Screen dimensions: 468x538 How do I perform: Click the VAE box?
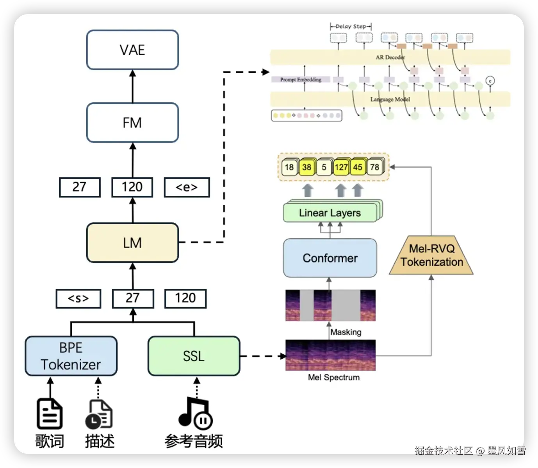[x=132, y=50]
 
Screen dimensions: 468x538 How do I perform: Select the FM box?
[x=132, y=123]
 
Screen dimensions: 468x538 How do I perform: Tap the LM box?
[x=132, y=243]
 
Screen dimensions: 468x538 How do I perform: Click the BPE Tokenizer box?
[x=71, y=356]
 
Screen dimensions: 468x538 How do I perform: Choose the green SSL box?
[x=194, y=356]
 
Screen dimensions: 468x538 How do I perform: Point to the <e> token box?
[x=187, y=187]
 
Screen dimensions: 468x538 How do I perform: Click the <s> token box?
[x=78, y=298]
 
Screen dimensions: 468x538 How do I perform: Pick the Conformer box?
[x=330, y=258]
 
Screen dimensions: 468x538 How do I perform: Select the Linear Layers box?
[x=330, y=213]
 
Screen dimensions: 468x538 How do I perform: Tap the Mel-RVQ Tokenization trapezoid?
[x=431, y=256]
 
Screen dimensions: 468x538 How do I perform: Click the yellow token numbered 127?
[x=341, y=167]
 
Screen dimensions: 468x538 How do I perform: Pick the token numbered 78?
[x=375, y=167]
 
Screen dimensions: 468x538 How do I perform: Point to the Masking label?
[x=346, y=332]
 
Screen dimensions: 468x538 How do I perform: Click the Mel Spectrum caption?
[x=334, y=377]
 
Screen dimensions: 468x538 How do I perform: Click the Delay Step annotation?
[x=351, y=27]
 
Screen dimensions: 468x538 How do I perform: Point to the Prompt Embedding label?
[x=301, y=80]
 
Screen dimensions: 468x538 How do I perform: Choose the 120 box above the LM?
[x=132, y=187]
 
